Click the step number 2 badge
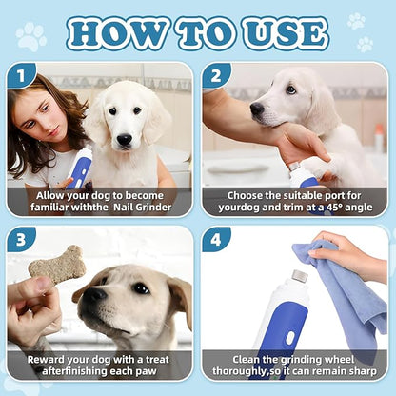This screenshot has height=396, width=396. [216, 75]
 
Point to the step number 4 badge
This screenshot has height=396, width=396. [216, 239]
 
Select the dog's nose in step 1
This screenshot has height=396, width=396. [124, 139]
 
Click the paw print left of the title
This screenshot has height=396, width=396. [30, 36]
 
